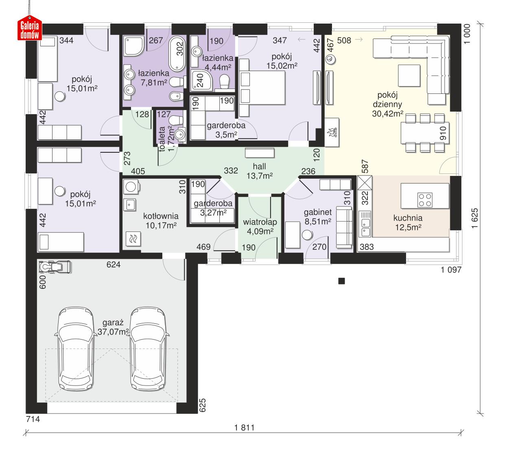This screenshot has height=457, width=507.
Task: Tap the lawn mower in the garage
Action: (x=55, y=267)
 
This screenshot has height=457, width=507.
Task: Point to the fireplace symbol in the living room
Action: (x=331, y=132)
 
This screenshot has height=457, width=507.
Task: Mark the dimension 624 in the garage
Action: (x=113, y=265)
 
